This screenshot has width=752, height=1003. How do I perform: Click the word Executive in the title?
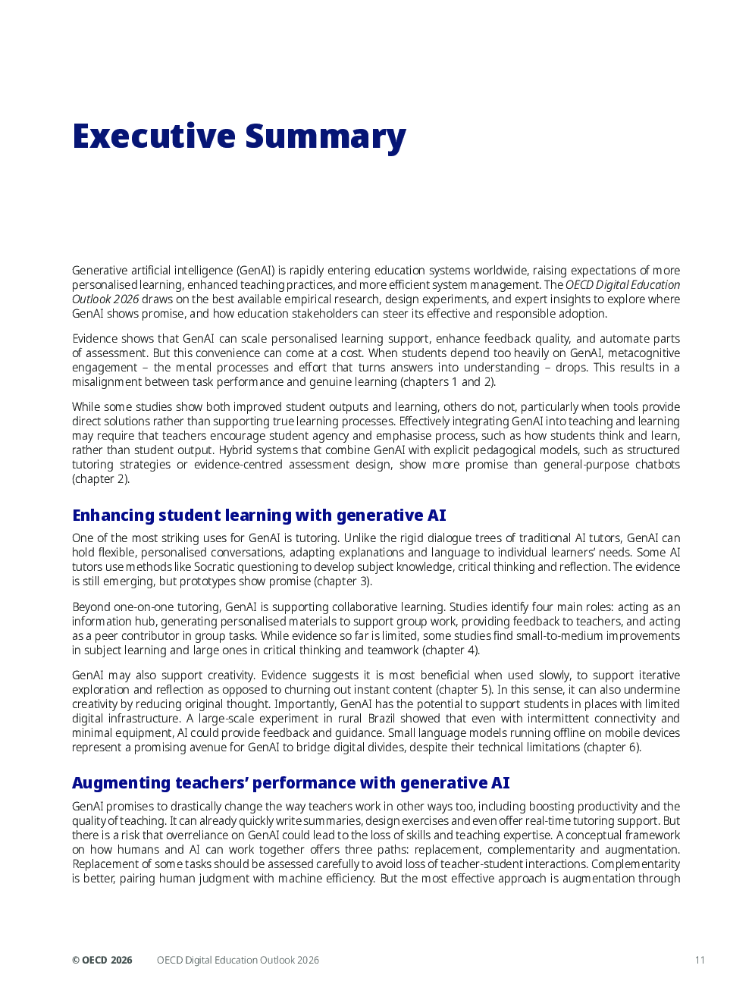[154, 136]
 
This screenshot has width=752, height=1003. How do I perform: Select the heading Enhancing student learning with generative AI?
[259, 516]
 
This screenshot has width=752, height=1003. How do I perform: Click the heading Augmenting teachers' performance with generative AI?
[291, 783]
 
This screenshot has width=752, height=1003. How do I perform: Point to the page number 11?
[700, 960]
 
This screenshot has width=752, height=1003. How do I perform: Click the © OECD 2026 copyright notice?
[102, 960]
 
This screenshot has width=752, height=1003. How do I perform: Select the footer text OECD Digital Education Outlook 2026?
[238, 960]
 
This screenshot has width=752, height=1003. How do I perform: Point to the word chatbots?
[657, 465]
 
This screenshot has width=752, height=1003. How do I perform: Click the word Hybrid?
[236, 450]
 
